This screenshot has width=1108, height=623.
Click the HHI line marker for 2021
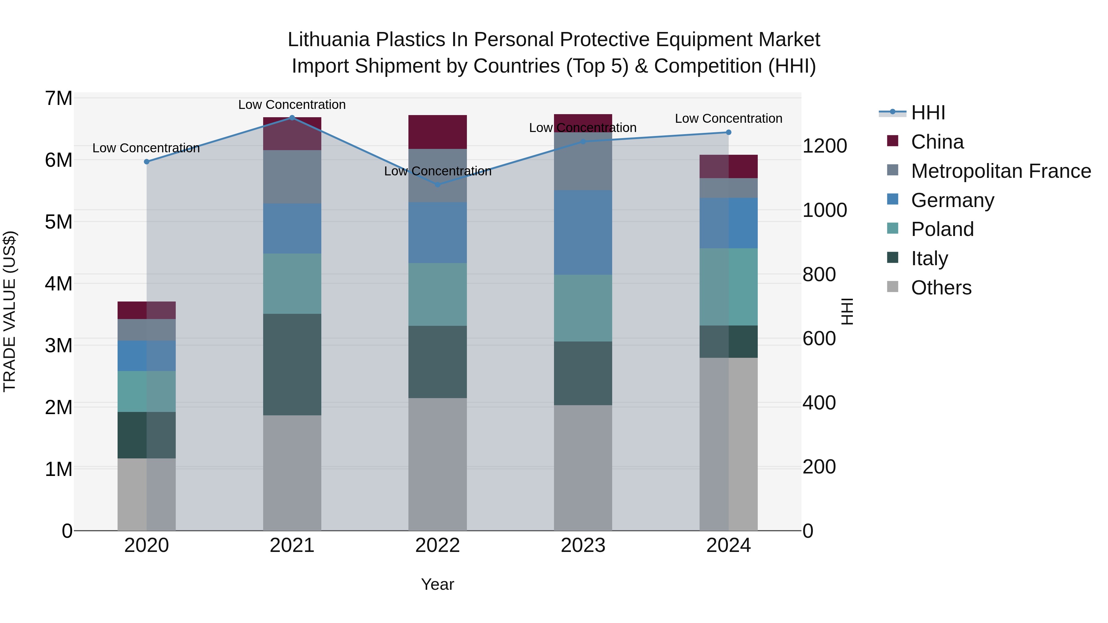tap(292, 118)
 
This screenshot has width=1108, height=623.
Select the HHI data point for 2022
tap(437, 185)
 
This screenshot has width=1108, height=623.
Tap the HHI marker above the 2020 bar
tap(147, 162)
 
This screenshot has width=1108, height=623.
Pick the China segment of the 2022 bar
tap(437, 132)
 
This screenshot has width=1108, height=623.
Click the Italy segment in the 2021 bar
tap(292, 364)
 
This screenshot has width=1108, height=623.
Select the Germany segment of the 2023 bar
tap(583, 232)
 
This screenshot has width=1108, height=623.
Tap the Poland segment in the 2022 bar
tap(437, 294)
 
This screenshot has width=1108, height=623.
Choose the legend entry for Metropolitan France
tap(1001, 171)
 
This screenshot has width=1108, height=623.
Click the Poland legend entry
tap(942, 229)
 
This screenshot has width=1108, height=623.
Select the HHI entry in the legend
tap(928, 113)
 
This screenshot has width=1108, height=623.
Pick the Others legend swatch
tap(893, 287)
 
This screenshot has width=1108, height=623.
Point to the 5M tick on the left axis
tap(58, 222)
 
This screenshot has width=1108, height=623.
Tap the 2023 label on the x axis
tap(583, 545)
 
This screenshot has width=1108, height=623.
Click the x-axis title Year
tap(437, 584)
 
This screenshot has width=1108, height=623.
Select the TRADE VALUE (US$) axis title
tap(10, 311)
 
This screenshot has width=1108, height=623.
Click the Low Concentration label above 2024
tap(728, 118)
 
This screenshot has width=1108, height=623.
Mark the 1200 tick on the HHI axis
tap(825, 146)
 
